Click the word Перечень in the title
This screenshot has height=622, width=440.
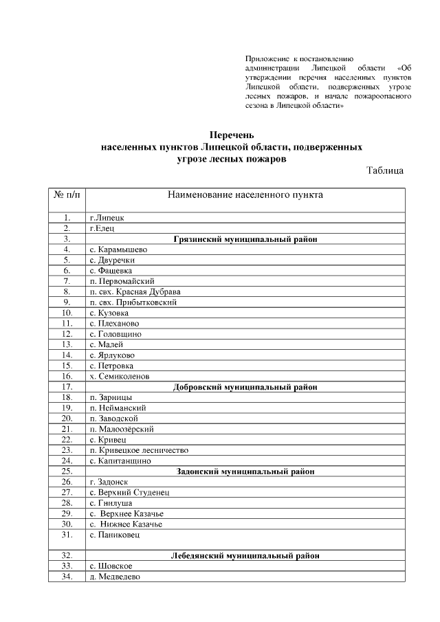tap(232, 135)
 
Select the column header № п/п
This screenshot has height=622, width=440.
tap(67, 195)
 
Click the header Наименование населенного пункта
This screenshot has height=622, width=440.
tap(245, 195)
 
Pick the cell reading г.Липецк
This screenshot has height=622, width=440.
tap(107, 218)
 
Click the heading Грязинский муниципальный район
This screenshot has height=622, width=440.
tap(245, 239)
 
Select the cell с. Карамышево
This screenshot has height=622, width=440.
tap(118, 249)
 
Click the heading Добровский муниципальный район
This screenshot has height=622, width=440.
tap(245, 387)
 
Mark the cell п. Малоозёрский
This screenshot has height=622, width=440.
tap(121, 429)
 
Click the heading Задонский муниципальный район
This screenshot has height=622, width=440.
tap(245, 471)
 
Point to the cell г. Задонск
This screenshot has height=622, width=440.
tap(109, 482)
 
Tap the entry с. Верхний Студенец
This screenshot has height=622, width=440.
tap(129, 492)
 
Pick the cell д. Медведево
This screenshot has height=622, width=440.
tap(115, 577)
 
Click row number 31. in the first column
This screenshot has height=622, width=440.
tap(67, 534)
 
